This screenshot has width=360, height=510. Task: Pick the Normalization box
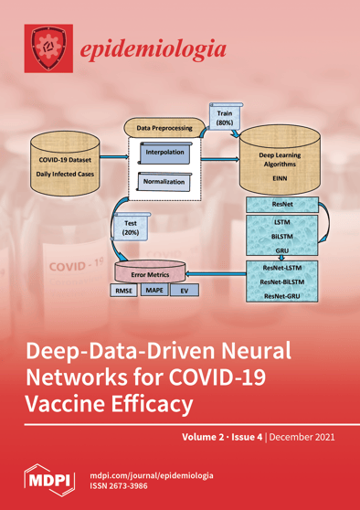[x=164, y=182]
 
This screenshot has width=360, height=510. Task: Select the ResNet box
[x=283, y=205]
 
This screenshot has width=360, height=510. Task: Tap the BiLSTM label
[x=283, y=235]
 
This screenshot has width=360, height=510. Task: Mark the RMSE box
[x=122, y=291]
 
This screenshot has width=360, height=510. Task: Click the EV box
[x=185, y=291]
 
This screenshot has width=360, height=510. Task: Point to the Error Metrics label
[x=152, y=271]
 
